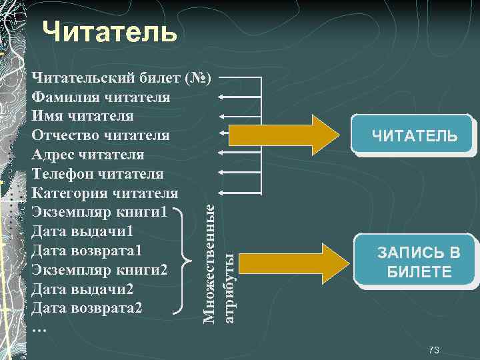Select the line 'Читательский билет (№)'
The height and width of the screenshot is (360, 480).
[121, 78]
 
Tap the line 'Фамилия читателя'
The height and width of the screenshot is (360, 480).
[100, 97]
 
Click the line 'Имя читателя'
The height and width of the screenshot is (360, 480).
[83, 117]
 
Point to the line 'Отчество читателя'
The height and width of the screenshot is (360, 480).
[100, 136]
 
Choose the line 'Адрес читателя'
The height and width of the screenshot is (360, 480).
[87, 155]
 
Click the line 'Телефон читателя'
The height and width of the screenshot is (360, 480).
[97, 175]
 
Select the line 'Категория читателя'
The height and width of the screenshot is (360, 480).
[105, 194]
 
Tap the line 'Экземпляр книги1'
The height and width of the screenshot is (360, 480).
[99, 213]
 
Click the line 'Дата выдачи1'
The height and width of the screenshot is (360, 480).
[83, 232]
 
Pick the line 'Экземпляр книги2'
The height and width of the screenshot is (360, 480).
[99, 271]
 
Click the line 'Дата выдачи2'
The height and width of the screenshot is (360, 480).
[83, 290]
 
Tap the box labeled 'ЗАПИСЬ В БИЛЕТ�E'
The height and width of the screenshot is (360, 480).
[418, 262]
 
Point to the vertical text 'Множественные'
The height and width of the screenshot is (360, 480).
[209, 264]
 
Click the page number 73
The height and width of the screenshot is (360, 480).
[434, 350]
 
